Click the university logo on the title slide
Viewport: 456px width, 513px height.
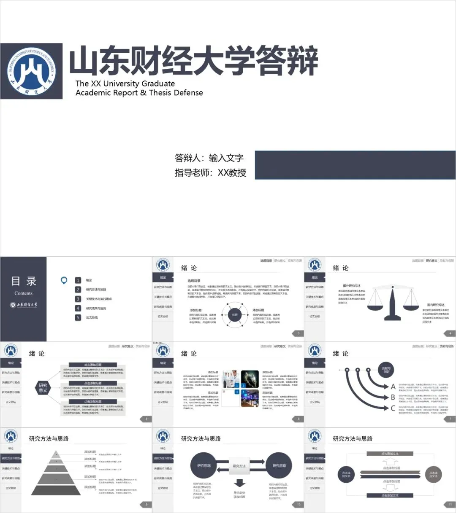click(x=32, y=71)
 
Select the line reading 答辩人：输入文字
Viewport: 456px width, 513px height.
click(x=209, y=158)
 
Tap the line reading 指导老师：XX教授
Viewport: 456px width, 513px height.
click(x=210, y=173)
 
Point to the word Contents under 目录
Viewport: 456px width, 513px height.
click(x=23, y=293)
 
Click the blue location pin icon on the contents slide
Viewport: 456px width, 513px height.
click(x=64, y=280)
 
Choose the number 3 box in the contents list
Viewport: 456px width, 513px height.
click(x=78, y=299)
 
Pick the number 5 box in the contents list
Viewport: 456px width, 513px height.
click(x=78, y=317)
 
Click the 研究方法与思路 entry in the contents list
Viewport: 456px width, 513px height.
click(x=96, y=290)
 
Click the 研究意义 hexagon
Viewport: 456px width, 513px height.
click(x=43, y=387)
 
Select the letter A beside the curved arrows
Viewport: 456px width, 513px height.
click(x=393, y=387)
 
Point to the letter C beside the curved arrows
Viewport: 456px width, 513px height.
click(x=393, y=408)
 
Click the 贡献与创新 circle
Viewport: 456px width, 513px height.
click(x=386, y=370)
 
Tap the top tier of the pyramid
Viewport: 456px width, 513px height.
click(x=56, y=454)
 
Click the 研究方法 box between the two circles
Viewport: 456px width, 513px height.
click(x=239, y=466)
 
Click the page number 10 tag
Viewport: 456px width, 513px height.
click(x=299, y=504)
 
